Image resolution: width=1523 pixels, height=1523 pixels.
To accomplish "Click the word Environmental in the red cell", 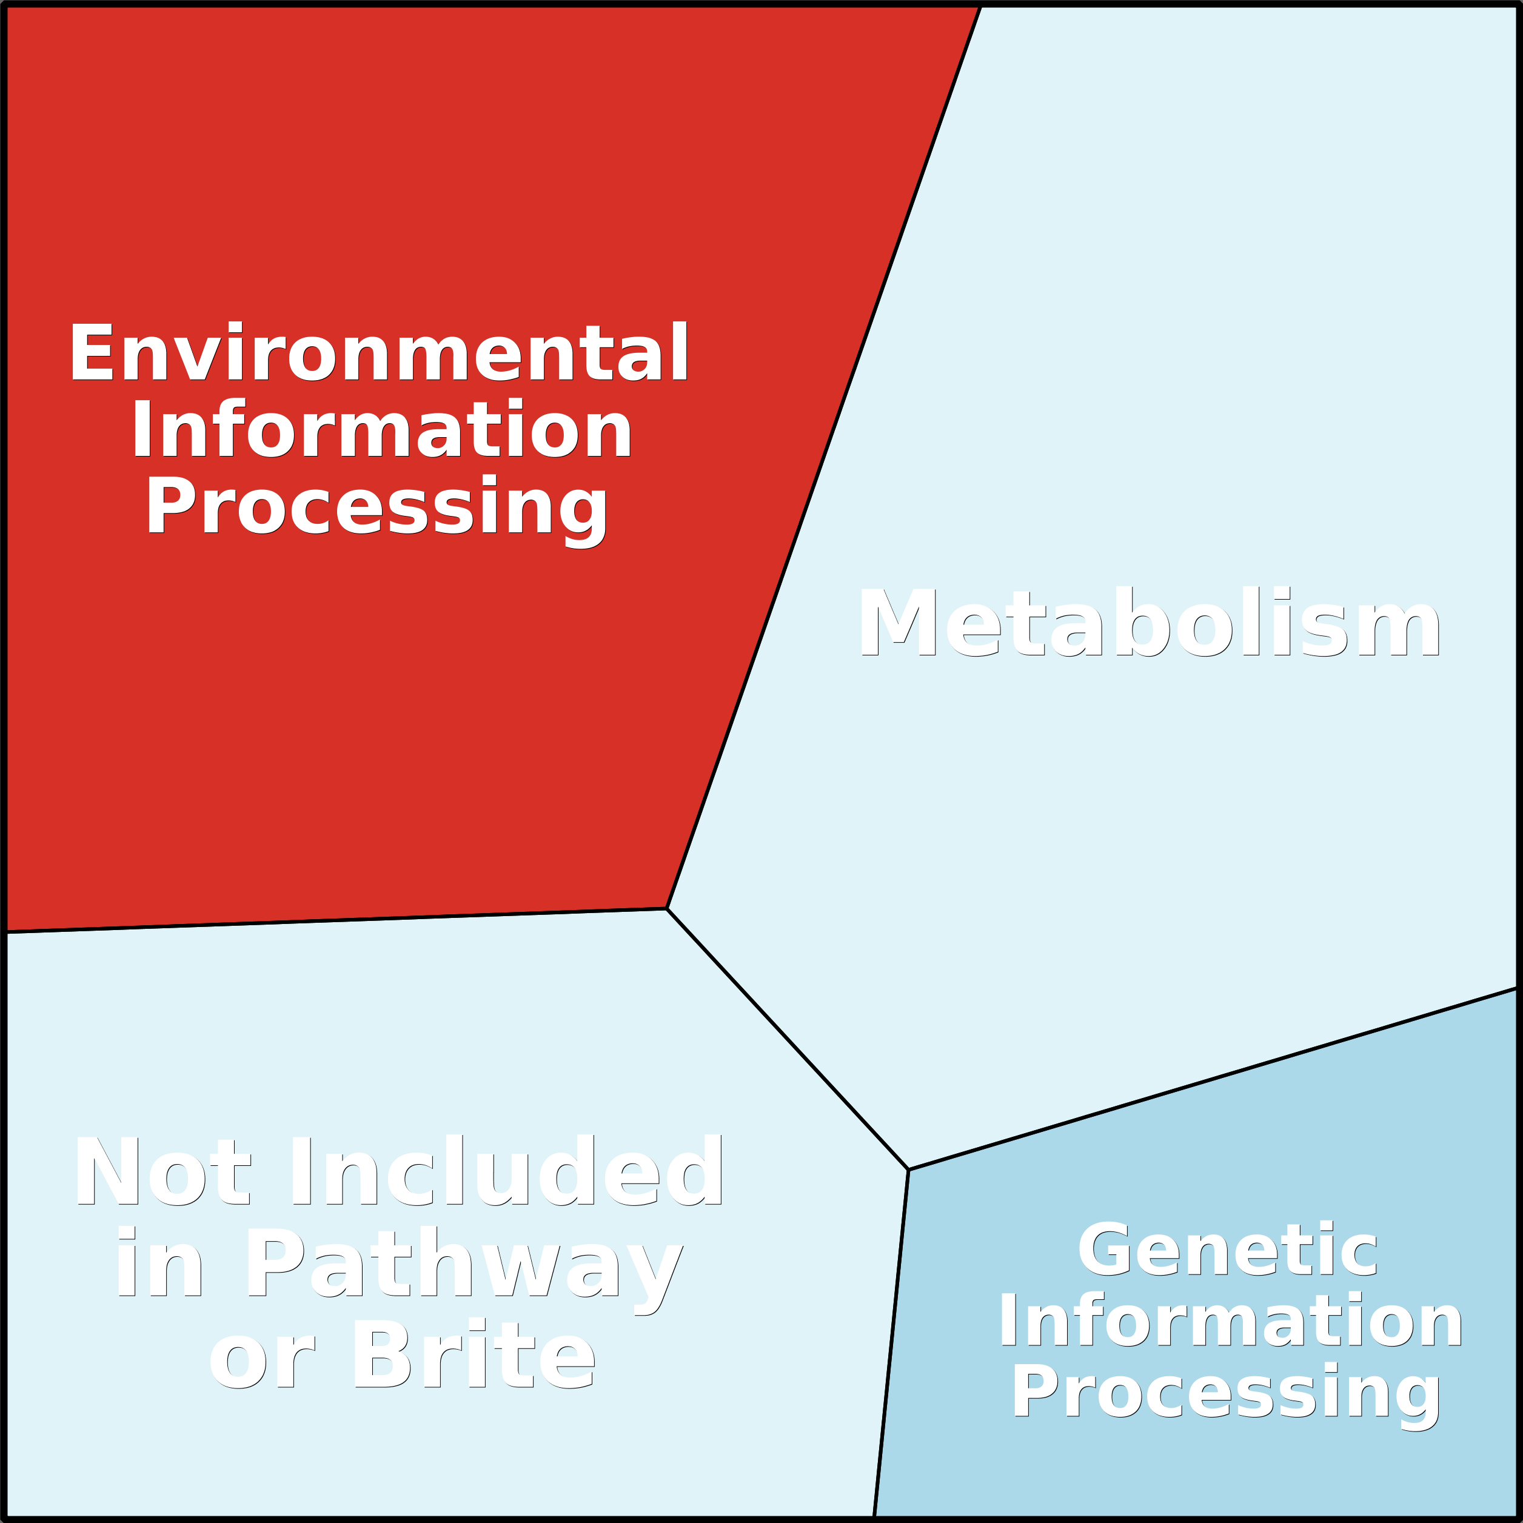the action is click(x=379, y=352).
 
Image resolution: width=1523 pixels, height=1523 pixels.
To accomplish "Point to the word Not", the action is click(x=163, y=1171).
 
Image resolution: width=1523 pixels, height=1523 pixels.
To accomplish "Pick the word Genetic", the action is click(x=1227, y=1250).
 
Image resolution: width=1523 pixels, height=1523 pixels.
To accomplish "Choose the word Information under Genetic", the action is click(x=1231, y=1320).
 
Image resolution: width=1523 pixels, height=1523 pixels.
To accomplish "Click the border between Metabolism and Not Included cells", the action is click(x=788, y=1039).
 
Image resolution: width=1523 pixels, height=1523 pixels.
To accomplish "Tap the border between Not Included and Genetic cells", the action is click(x=892, y=1344).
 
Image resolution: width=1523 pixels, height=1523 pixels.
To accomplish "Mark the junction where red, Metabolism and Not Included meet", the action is click(x=667, y=909).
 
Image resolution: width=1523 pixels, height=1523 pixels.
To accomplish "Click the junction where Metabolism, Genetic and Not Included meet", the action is click(x=909, y=1170).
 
